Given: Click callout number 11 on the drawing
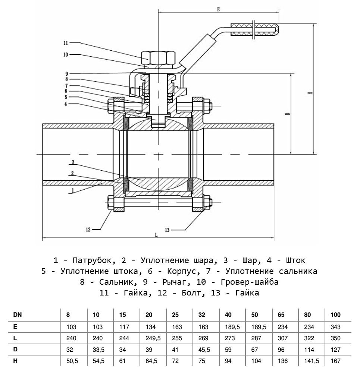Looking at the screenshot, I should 66,42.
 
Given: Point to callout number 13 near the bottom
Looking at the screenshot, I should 167,230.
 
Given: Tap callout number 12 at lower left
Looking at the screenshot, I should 88,229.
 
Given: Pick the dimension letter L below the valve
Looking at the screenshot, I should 156,235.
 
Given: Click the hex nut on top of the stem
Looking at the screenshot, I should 158,58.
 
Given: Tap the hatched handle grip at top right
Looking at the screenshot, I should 254,30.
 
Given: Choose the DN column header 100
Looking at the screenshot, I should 335,315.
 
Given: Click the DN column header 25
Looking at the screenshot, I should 175,315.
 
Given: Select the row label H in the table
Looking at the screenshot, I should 15,361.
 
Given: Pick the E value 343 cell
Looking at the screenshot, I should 335,327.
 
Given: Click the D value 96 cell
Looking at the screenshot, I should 281,350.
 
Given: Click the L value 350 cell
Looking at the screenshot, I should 335,338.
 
